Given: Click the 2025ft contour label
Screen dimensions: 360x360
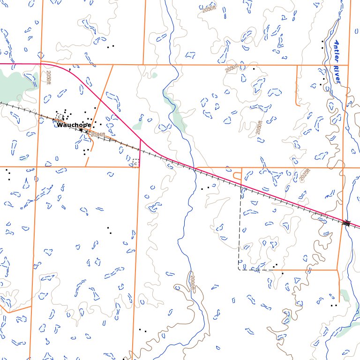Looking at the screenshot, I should tap(305, 175).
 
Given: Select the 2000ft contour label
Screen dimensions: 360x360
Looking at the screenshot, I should tap(192, 282).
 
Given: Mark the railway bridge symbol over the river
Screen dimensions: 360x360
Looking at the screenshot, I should tap(346, 224).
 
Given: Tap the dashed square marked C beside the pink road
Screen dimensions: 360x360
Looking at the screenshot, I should tap(136, 162).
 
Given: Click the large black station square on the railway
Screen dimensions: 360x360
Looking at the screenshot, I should tap(81, 130).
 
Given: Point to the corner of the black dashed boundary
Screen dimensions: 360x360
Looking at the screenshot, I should tap(239, 270).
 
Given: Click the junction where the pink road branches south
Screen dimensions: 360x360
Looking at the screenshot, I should tap(140, 140).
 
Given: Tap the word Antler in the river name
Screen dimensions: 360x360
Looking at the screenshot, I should tap(338, 51).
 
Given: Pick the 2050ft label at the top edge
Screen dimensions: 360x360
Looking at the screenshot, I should tap(210, 8).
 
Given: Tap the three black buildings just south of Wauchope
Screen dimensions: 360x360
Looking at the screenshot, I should tap(86, 151).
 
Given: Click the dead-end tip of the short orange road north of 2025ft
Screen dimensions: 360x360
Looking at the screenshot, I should tap(297, 66).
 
